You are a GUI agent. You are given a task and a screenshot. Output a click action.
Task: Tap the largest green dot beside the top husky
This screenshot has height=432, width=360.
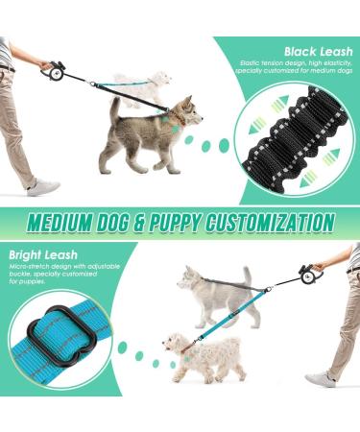(x=224, y=145)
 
